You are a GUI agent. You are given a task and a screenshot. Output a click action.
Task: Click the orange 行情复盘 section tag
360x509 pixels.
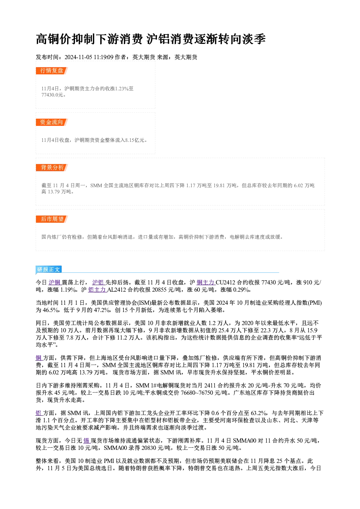coord(52,71)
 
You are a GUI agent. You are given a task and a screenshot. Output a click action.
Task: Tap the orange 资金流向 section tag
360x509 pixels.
coord(52,122)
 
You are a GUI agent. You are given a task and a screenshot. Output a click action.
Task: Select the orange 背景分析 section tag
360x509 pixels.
coord(52,168)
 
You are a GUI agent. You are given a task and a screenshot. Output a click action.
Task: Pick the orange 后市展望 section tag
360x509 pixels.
coord(52,219)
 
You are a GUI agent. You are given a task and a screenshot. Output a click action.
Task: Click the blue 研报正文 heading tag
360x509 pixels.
coord(49,269)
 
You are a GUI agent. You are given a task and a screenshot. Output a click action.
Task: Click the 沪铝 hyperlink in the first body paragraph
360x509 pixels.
coord(98,283)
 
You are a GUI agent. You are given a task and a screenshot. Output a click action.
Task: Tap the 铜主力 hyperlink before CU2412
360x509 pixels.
coord(206,283)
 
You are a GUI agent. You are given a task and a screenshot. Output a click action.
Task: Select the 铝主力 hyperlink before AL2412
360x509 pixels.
coord(98,290)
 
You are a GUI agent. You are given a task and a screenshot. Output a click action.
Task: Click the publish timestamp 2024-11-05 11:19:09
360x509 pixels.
coord(89,57)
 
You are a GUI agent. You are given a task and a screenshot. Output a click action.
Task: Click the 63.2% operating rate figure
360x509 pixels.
coord(259,413)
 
